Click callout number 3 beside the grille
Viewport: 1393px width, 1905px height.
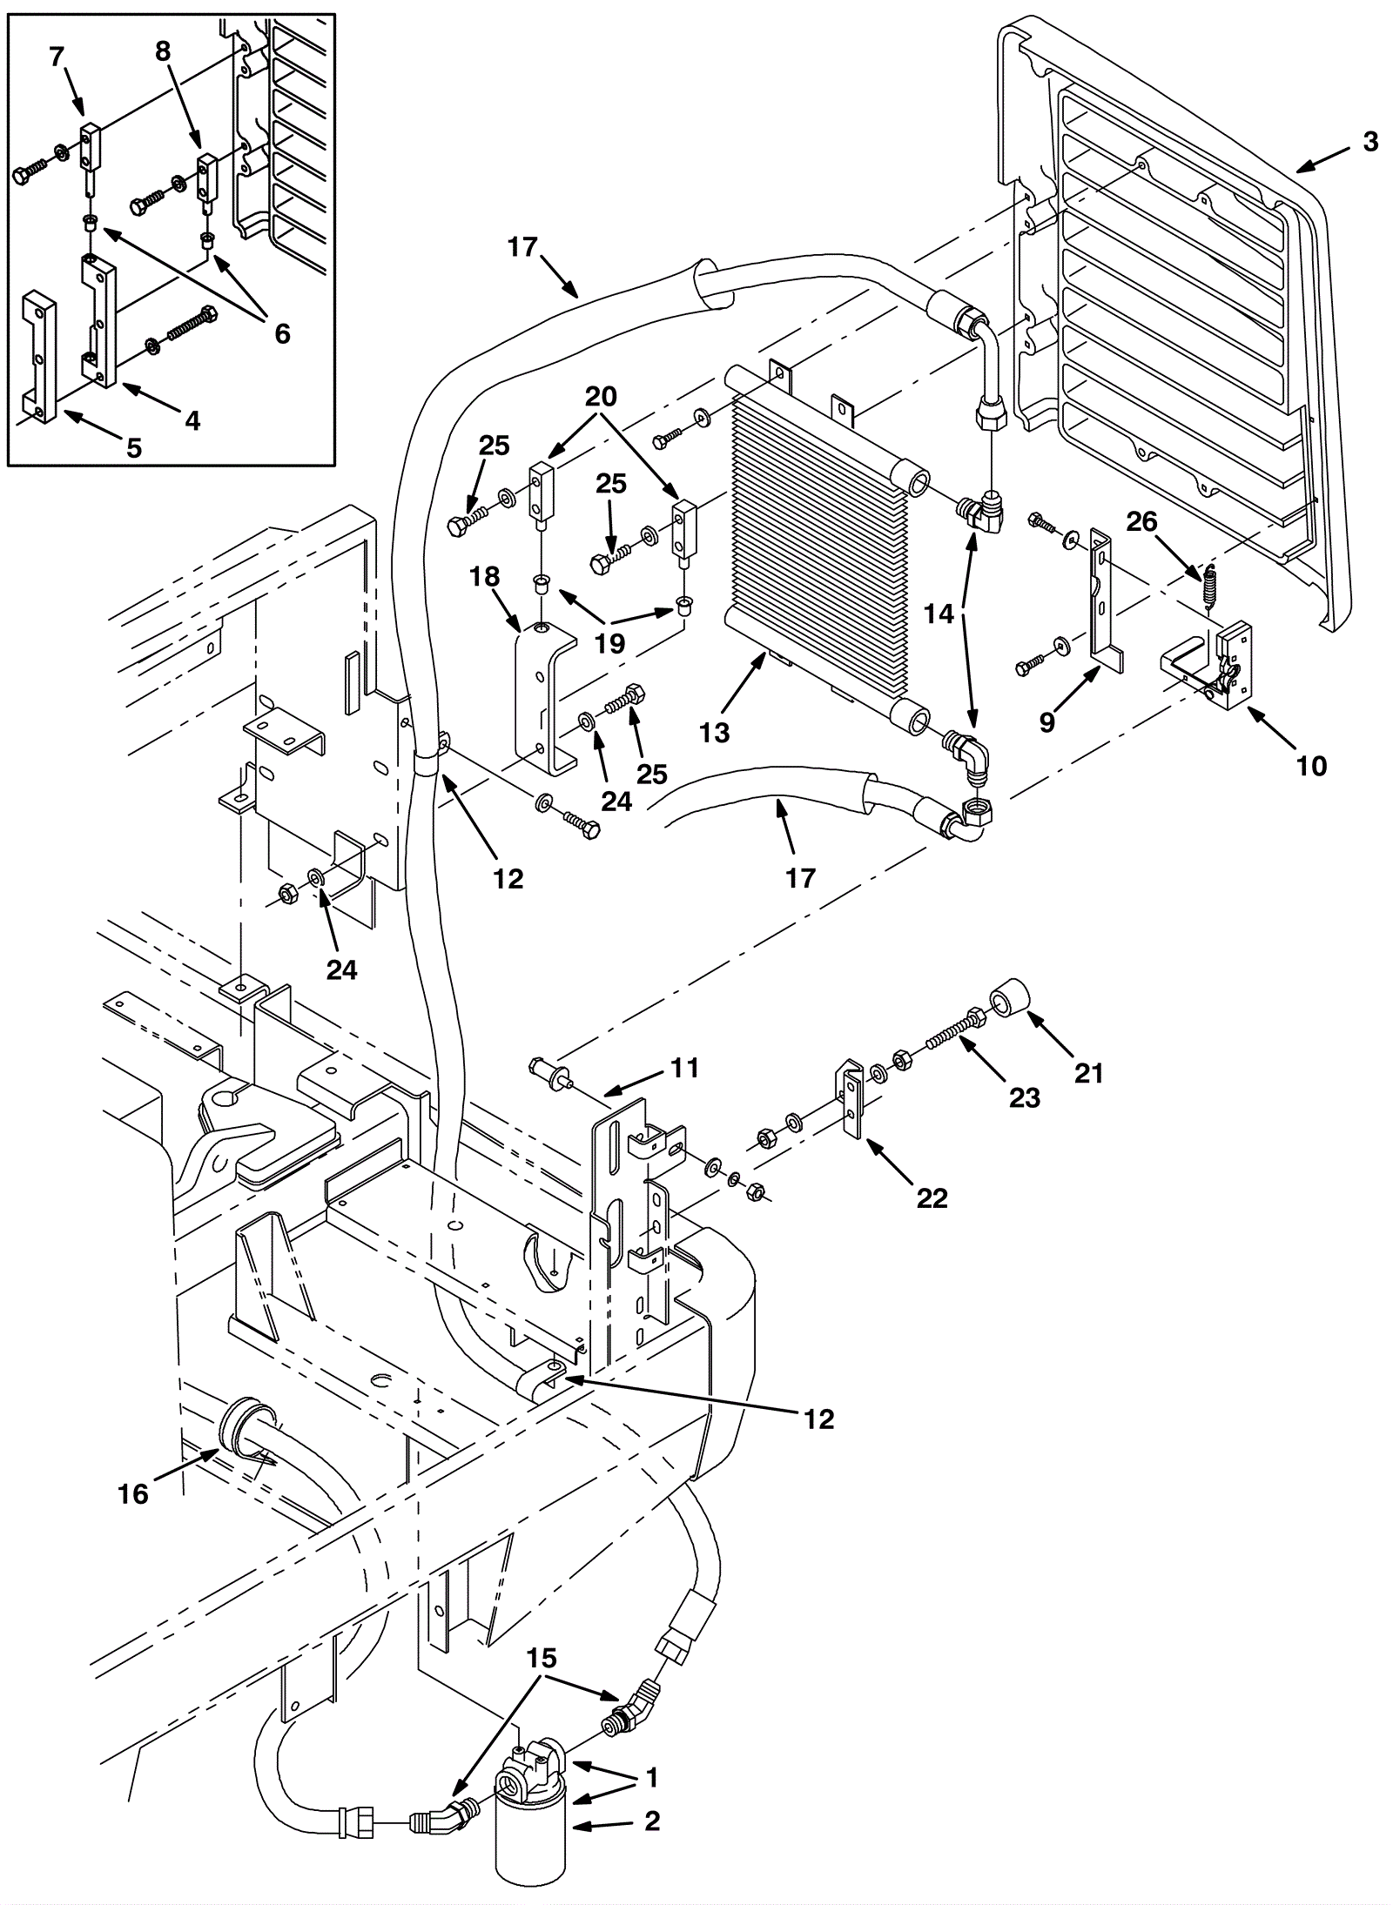click(1369, 141)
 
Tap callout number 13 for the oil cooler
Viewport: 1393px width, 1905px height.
click(715, 733)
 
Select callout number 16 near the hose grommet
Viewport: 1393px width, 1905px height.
click(133, 1494)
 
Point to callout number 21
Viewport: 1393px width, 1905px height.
click(1088, 1074)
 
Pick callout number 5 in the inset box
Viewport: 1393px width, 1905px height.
click(133, 448)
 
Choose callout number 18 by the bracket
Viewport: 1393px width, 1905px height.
click(485, 576)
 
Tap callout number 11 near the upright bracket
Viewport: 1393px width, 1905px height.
click(685, 1068)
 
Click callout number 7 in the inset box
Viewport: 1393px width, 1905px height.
click(57, 57)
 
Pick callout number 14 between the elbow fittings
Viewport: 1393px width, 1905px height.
click(939, 614)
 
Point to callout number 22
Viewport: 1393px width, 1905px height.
click(932, 1198)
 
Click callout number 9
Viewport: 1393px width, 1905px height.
click(1047, 721)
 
